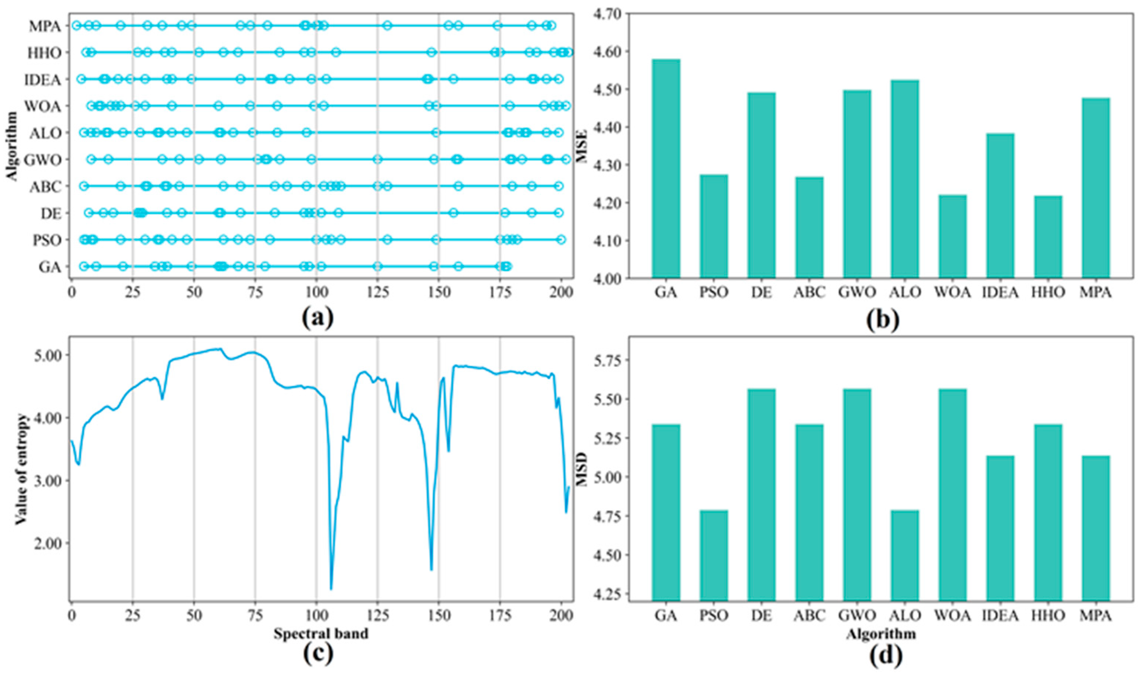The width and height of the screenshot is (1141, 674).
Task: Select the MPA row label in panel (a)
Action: pyautogui.click(x=45, y=26)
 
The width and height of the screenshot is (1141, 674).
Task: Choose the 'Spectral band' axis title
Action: pyautogui.click(x=321, y=633)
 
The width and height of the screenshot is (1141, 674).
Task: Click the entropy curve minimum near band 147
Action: pyautogui.click(x=431, y=570)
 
